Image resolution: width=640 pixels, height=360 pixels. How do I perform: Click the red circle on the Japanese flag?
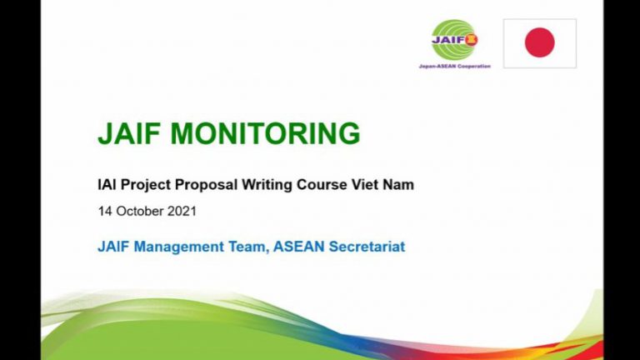[x=539, y=42]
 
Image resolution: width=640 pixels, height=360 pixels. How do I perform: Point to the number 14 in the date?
[x=104, y=211]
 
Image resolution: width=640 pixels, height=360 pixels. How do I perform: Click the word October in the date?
[x=139, y=211]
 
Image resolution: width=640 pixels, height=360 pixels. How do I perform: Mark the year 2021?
[x=182, y=211]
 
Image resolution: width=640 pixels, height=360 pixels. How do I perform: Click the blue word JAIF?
[x=114, y=247]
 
